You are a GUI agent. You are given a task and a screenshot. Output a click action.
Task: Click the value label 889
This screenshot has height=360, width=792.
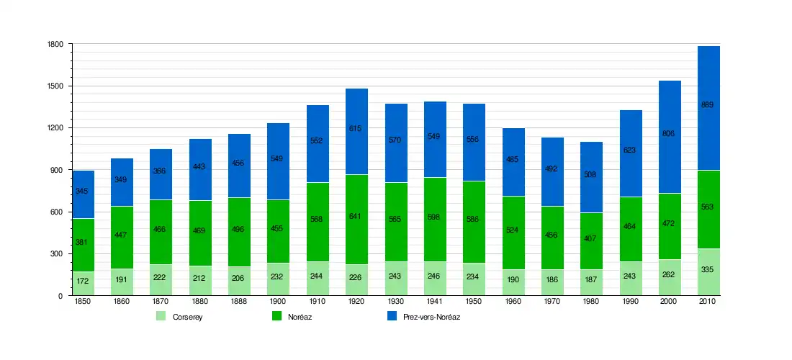708,105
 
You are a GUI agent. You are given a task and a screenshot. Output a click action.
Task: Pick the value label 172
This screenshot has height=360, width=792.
83,280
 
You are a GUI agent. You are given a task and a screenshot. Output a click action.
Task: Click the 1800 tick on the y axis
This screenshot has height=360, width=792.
54,45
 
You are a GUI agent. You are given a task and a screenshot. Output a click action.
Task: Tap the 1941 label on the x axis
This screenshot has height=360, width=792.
434,302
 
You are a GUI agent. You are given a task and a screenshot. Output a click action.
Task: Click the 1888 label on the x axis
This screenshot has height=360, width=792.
239,302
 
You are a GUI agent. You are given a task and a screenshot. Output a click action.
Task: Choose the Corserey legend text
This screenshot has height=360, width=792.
187,317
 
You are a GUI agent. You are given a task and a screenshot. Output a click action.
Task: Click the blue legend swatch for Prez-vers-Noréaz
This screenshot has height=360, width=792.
392,316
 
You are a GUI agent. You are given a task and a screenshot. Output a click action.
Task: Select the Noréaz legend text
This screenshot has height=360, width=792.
300,317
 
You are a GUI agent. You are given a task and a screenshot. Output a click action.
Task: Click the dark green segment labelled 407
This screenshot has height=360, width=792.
591,238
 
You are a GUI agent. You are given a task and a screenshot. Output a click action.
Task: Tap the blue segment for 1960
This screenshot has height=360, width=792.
513,180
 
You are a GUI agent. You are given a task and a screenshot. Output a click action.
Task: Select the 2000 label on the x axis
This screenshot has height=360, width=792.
670,302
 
